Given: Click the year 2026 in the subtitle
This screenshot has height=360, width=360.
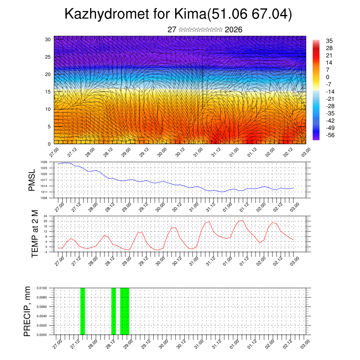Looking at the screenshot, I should [233, 30].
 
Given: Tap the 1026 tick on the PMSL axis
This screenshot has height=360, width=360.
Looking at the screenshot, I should [44, 162].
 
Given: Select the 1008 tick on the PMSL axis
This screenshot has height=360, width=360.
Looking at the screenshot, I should [44, 198].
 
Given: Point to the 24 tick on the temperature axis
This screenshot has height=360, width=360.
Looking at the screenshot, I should [45, 216].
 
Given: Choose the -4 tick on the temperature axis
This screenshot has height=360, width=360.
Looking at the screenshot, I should [45, 252].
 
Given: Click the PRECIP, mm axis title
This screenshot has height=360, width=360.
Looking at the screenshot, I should [27, 311].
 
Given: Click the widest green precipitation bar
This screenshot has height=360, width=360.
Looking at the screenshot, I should [124, 311].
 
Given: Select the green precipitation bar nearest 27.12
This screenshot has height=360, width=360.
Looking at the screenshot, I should [83, 311].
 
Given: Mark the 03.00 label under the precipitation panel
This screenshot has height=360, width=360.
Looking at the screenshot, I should [305, 343].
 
